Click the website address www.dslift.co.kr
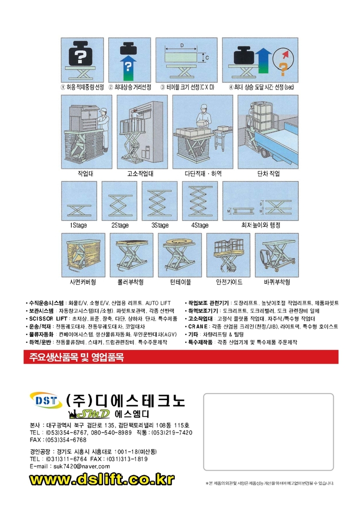(x=101, y=480)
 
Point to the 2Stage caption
(x=120, y=225)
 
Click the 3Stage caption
(x=160, y=225)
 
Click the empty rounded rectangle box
(x=269, y=432)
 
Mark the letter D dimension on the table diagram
(x=181, y=46)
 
